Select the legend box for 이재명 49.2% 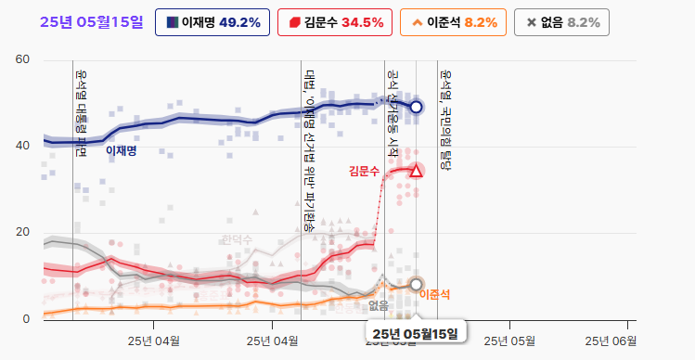click(x=214, y=22)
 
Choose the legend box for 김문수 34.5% click(x=335, y=22)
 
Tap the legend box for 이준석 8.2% click(x=453, y=22)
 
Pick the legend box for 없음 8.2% click(x=562, y=22)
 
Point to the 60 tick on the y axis click(x=22, y=60)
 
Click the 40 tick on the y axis click(x=22, y=146)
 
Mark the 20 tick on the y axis click(x=22, y=232)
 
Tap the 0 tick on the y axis click(x=26, y=318)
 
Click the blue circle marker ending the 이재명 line click(x=416, y=107)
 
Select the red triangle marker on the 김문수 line click(x=416, y=171)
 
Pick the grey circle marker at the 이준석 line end click(x=416, y=284)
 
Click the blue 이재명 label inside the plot click(x=121, y=150)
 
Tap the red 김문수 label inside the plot click(x=364, y=171)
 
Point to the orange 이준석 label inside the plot click(x=434, y=295)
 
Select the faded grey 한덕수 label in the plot click(x=237, y=240)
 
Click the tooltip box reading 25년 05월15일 click(x=416, y=333)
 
